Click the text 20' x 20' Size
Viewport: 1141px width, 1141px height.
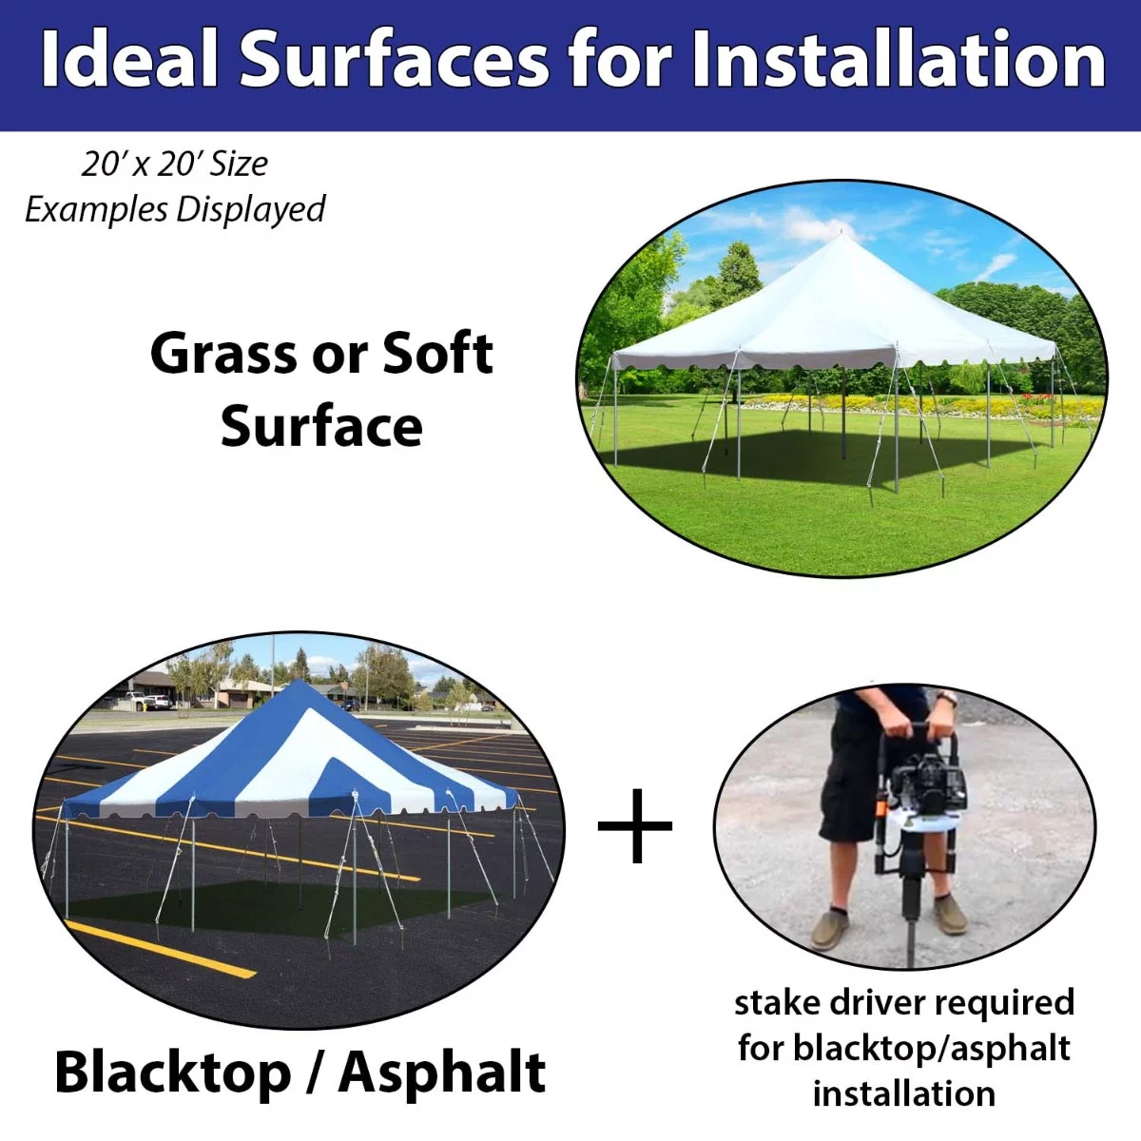(174, 164)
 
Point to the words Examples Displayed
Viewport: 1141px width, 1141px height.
(174, 209)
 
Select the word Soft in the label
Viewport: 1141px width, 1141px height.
(437, 354)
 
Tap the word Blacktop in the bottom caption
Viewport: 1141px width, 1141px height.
(173, 1073)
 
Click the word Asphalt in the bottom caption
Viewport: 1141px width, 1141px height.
(442, 1073)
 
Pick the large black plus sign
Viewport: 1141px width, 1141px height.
(635, 825)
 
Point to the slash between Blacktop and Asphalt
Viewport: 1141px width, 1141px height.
(314, 1073)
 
